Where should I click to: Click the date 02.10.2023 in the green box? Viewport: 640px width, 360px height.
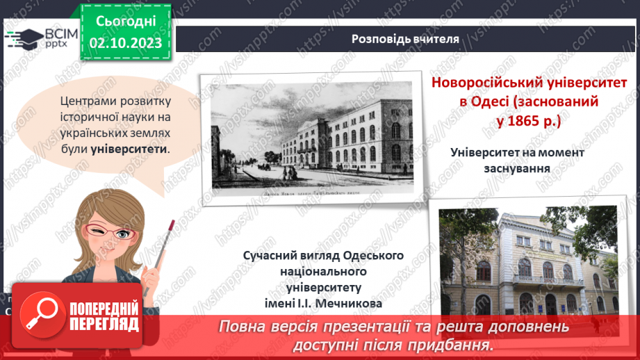pos(126,42)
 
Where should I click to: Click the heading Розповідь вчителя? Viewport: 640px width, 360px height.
pos(404,39)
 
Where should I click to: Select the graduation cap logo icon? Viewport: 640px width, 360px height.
pos(25,38)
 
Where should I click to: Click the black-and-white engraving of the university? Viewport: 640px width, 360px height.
pos(308,136)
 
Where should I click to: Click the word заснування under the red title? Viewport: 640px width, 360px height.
pos(518,167)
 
